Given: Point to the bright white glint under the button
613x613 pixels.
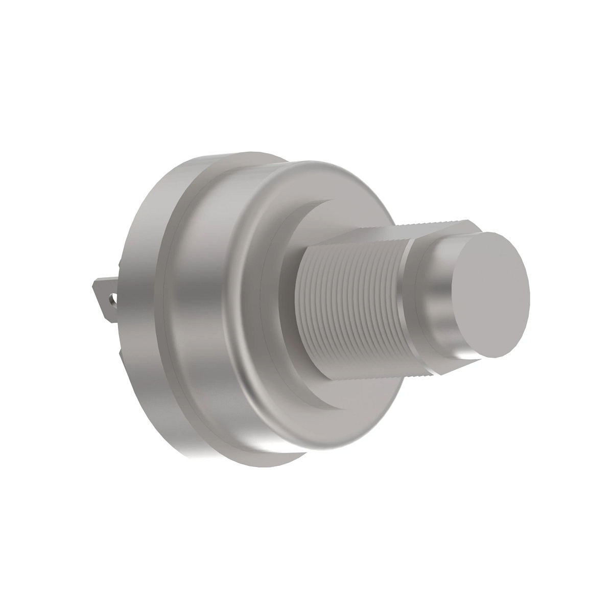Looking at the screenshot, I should (x=467, y=354).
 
